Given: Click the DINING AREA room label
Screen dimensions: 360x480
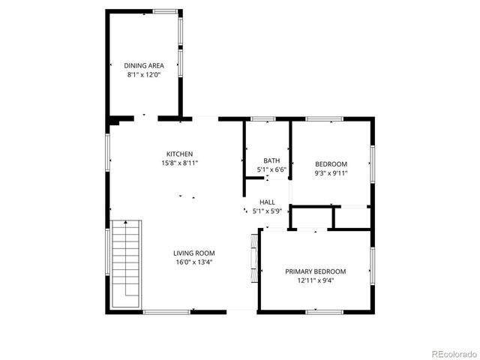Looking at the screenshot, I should pos(144,65).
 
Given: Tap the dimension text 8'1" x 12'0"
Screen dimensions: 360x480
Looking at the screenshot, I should pos(144,74).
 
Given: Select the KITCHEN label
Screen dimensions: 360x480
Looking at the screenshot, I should pos(180,154).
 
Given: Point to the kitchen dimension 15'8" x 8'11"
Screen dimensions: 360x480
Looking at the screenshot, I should pos(180,163).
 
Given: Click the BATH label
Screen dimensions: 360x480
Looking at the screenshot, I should pos(271,160).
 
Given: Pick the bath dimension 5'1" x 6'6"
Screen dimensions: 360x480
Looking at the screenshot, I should pos(271,169).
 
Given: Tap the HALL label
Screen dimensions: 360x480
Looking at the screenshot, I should pos(268,202).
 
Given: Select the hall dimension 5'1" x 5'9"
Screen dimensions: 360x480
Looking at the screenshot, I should pos(268,211).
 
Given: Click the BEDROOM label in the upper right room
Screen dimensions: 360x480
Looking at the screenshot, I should pos(331,164).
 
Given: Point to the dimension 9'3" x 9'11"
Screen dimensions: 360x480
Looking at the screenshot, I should pos(331,173).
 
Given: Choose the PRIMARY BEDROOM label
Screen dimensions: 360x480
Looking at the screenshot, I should pos(315,271).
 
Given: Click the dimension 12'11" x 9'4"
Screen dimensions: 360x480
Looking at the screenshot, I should pos(315,280).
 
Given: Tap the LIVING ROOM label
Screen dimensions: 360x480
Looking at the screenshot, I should pos(194,253).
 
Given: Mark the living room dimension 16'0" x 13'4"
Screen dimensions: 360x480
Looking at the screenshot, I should pos(194,262).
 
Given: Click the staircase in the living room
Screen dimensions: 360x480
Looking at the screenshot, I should pos(126,262).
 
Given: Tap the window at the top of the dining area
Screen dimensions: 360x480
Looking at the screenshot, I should pos(165,11).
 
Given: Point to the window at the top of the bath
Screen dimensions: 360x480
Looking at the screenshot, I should pos(262,118).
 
